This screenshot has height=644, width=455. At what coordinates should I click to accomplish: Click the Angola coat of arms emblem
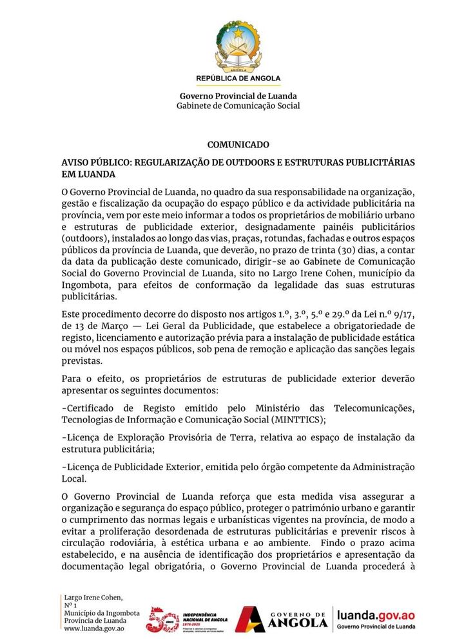(x=238, y=44)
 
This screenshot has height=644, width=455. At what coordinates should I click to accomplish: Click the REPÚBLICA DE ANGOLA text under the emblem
(x=238, y=78)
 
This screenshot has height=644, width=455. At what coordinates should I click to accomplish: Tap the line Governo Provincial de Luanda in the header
(x=238, y=96)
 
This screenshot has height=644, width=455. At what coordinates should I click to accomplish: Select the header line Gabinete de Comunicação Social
(x=238, y=106)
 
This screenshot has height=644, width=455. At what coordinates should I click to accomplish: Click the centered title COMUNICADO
(x=238, y=145)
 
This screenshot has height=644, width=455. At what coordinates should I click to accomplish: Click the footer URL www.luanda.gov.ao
(x=94, y=628)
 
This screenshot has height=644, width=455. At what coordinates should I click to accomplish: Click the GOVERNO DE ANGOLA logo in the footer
(x=281, y=620)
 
